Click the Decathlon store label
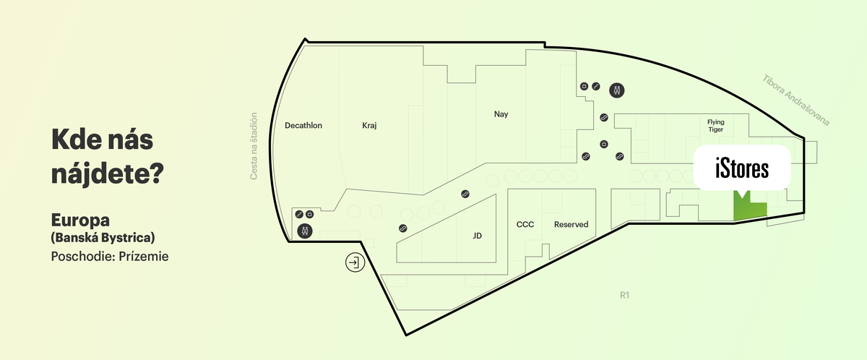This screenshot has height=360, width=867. point(303,125)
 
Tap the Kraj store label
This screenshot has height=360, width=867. point(369,125)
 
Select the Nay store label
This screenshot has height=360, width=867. point(501,114)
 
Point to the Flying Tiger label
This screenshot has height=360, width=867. point(716,126)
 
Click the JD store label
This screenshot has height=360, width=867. point(478,236)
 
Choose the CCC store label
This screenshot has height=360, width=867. point(525,225)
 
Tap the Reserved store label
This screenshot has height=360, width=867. point(571,225)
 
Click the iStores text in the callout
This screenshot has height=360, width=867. point(742,168)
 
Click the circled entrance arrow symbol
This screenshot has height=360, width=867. point(355,262)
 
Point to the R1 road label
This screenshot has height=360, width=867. point(625,296)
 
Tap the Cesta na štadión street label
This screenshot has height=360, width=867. point(254,146)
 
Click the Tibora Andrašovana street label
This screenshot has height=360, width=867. point(795,100)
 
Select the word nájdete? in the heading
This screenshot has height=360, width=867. point(108,173)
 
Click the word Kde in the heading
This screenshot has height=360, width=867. point(72,140)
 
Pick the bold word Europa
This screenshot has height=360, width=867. point(80,220)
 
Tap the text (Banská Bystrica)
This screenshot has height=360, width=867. point(103,237)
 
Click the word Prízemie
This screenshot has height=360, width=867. point(144,257)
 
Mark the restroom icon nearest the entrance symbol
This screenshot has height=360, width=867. point(305,231)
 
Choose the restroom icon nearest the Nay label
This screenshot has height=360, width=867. point(616,90)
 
